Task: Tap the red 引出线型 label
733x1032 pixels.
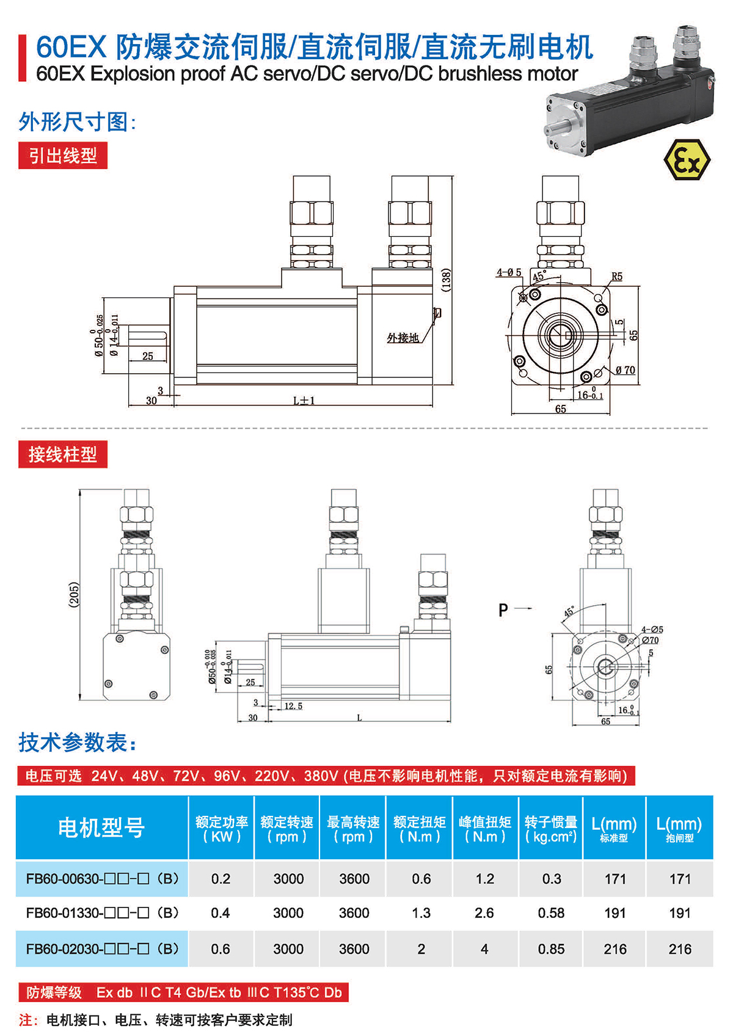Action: click(x=63, y=156)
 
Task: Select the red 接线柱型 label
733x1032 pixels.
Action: click(x=63, y=454)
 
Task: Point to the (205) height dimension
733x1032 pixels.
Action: click(x=74, y=594)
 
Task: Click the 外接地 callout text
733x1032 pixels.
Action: click(x=403, y=338)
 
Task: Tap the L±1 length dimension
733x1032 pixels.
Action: click(x=304, y=401)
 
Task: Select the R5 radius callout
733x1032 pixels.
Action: click(x=617, y=277)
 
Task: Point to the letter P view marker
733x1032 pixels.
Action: click(x=503, y=609)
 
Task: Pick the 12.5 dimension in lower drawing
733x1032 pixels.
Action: click(x=293, y=706)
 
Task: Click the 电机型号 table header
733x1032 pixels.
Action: click(x=101, y=827)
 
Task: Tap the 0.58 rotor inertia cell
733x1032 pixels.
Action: click(x=551, y=913)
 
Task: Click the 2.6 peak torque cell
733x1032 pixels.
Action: click(x=484, y=913)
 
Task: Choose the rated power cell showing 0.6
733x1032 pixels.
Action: click(x=221, y=949)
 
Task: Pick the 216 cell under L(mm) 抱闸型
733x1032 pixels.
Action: click(x=679, y=949)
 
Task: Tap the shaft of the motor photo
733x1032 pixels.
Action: click(x=556, y=129)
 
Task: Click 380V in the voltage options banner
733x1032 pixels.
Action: click(x=320, y=776)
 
